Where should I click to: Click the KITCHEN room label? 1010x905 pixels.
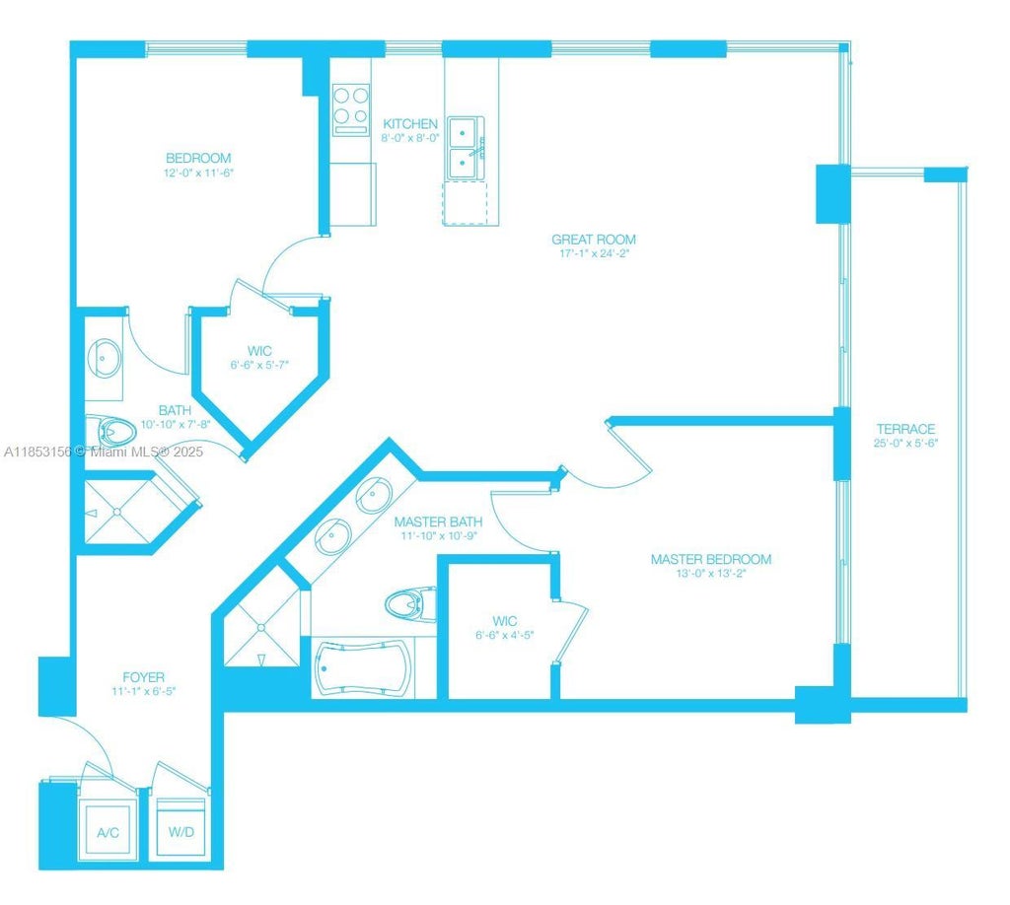coord(410,124)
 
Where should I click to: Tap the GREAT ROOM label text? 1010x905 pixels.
coord(593,240)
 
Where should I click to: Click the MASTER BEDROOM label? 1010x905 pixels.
coord(710,559)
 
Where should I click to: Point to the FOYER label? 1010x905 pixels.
coord(143,677)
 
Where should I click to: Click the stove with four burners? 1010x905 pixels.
coord(349,108)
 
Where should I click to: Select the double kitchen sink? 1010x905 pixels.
coord(465,148)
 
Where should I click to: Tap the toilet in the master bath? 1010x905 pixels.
coord(410,601)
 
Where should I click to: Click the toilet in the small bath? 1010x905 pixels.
coord(110,431)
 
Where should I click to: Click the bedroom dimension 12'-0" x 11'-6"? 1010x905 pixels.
coord(198,172)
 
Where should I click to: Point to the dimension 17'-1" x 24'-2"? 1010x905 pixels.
coord(593,253)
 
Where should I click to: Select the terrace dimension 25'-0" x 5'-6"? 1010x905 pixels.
coord(905,443)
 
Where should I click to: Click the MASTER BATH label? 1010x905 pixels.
coord(438,522)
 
